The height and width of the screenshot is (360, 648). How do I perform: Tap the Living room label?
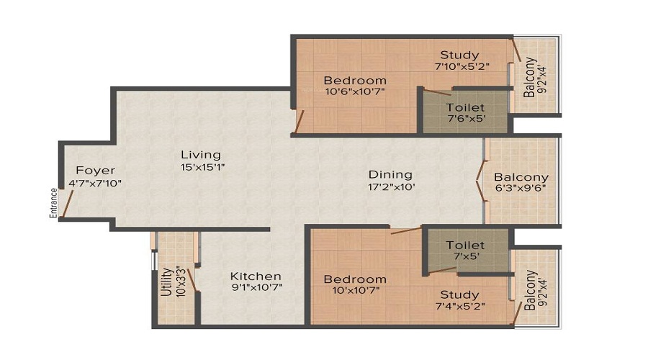click(x=201, y=155)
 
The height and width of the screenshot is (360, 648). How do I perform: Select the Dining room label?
click(x=390, y=174)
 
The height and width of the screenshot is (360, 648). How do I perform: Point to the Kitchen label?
click(x=256, y=276)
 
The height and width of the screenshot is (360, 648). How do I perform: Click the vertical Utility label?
click(x=166, y=282)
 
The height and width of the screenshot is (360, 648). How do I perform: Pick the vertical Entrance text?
click(x=53, y=202)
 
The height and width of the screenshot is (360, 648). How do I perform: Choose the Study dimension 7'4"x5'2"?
click(x=459, y=307)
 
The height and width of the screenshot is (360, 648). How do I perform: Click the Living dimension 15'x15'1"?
click(x=201, y=168)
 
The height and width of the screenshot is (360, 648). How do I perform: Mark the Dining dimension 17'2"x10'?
click(x=390, y=187)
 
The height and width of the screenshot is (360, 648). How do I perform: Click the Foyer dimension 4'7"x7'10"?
click(x=95, y=184)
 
